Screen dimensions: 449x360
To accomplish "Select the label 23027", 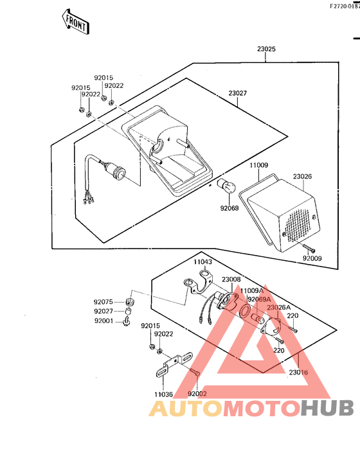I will [x=237, y=93].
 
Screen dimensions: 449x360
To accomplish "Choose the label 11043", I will [x=203, y=262].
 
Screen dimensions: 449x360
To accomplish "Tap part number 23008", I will [x=231, y=279].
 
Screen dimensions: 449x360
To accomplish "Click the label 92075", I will [x=103, y=301].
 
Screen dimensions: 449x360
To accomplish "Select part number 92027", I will [x=103, y=311].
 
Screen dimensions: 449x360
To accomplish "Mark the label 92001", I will [x=103, y=321].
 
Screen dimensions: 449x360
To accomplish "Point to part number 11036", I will [x=163, y=394].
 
